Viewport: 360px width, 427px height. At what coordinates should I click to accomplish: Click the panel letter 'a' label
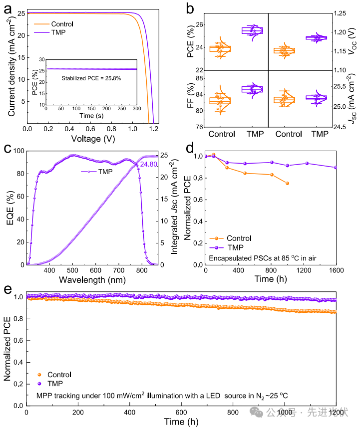(x=7, y=6)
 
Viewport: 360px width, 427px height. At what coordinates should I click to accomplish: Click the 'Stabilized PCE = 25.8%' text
(x=91, y=78)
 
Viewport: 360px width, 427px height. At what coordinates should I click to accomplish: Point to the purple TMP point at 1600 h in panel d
(x=336, y=168)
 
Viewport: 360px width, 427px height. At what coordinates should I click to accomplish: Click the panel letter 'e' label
(x=7, y=290)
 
